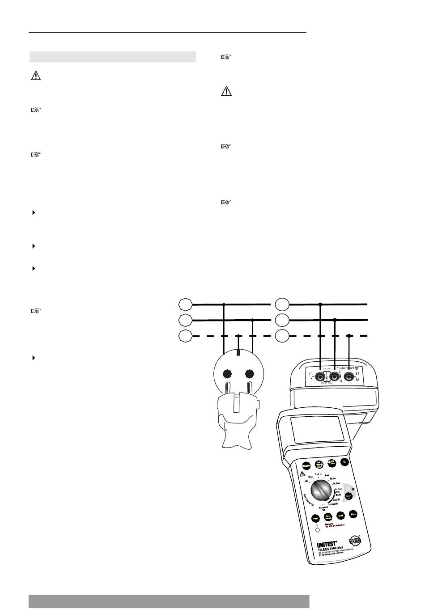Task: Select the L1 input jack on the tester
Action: (320, 377)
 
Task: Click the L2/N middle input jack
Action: (334, 377)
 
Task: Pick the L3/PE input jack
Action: (349, 377)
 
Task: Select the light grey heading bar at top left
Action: (112, 57)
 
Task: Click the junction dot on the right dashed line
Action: (349, 335)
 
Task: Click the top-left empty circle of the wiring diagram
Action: (185, 304)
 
